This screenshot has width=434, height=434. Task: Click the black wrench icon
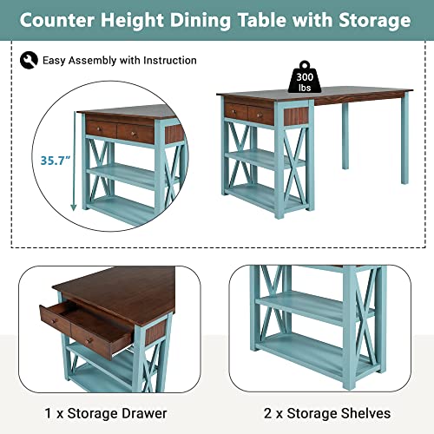pos(29,60)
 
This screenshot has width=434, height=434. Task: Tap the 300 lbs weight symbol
pos(305,77)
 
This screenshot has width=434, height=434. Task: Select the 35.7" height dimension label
pos(56,161)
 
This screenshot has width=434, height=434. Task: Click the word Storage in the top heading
pos(375,20)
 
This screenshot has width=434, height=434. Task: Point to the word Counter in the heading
pos(57,20)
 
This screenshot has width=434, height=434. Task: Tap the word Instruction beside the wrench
pos(170,60)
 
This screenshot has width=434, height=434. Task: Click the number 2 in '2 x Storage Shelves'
pos(267,413)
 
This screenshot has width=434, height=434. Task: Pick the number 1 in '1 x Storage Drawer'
pos(48,413)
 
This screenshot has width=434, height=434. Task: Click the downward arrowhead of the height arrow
pos(74,207)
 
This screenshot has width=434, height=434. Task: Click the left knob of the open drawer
pos(54,321)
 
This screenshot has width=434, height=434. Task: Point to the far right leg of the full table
pos(404,141)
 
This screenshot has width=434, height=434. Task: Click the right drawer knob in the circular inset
pos(133,134)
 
